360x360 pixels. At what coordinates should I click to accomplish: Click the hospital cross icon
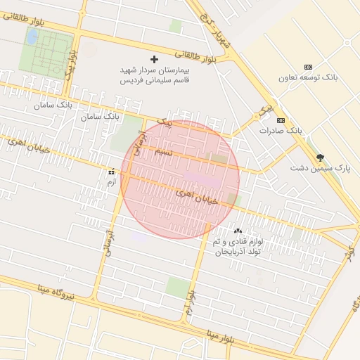pos(155,59)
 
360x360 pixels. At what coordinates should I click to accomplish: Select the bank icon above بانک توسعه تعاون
pos(308,67)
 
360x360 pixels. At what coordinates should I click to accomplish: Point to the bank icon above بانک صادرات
pos(281,121)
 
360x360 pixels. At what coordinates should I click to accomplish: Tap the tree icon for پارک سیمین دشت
pos(321,158)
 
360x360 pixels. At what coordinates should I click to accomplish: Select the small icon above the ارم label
pos(110,172)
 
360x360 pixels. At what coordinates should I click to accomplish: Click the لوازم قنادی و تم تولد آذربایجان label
pos(238,245)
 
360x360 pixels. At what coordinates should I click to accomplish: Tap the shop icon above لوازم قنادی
pos(238,231)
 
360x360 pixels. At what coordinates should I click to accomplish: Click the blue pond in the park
pos(32,37)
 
